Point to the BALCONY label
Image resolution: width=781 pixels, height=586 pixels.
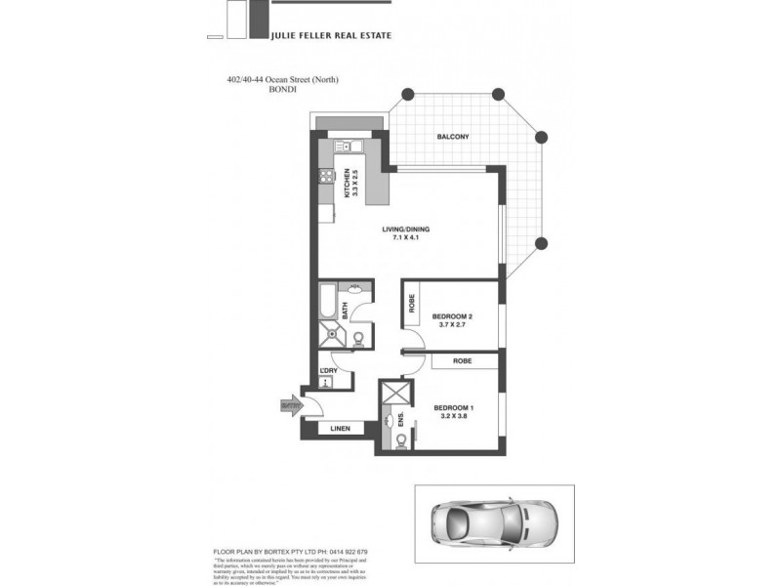coord(453,137)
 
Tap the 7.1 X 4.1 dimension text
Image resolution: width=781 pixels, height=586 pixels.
coord(405,238)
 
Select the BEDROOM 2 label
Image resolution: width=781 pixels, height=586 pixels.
coord(452,315)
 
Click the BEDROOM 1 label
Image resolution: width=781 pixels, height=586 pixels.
coord(451,407)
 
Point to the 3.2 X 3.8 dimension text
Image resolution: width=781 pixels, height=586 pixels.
coord(451,417)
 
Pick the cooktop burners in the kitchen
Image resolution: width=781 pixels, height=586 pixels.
coord(325,179)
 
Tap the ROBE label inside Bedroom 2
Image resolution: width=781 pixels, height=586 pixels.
coord(412,304)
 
